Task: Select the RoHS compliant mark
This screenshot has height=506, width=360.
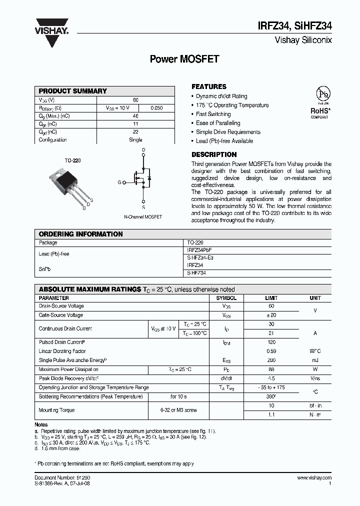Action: tap(319, 111)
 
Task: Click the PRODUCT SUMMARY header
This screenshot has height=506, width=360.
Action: tap(73, 91)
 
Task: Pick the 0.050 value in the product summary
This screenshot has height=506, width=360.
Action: tap(156, 108)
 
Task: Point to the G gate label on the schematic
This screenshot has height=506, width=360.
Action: tap(119, 182)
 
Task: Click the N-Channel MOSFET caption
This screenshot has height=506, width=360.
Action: tap(143, 217)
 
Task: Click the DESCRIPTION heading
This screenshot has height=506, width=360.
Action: tap(214, 154)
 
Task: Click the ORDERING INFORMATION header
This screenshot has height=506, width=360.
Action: tap(80, 234)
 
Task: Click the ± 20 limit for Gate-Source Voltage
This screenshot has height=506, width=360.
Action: tap(271, 315)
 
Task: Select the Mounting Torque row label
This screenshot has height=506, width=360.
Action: tap(56, 410)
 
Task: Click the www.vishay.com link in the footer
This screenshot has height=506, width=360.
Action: tap(314, 478)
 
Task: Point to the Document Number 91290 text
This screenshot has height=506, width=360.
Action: tap(62, 478)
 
